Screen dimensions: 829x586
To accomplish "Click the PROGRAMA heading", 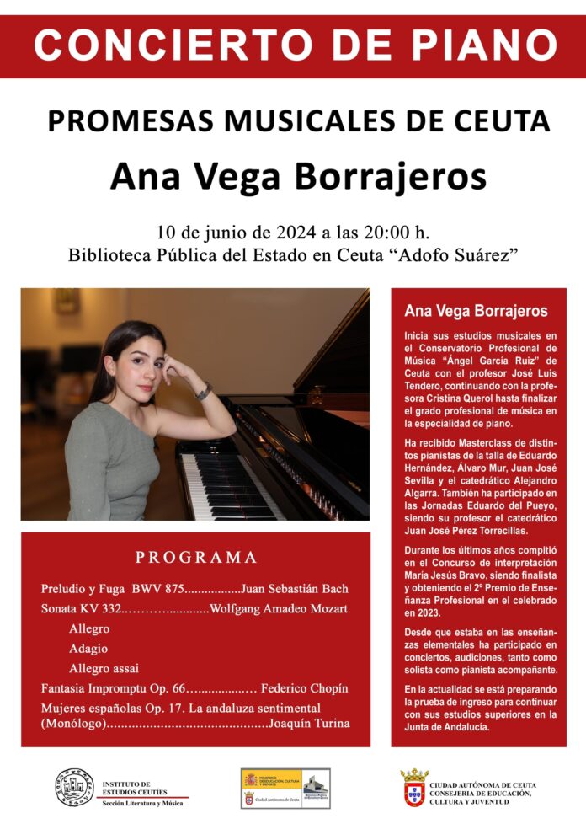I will (196, 557).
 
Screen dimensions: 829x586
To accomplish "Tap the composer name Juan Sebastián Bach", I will (294, 588).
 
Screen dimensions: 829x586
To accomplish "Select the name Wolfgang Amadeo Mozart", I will (279, 608).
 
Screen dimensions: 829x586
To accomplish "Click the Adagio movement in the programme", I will (88, 649).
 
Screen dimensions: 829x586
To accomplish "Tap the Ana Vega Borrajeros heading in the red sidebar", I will (476, 311).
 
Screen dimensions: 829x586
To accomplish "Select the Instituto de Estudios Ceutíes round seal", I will (74, 789).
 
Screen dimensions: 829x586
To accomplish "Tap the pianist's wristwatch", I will (203, 392).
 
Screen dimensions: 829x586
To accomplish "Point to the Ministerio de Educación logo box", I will (285, 788).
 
